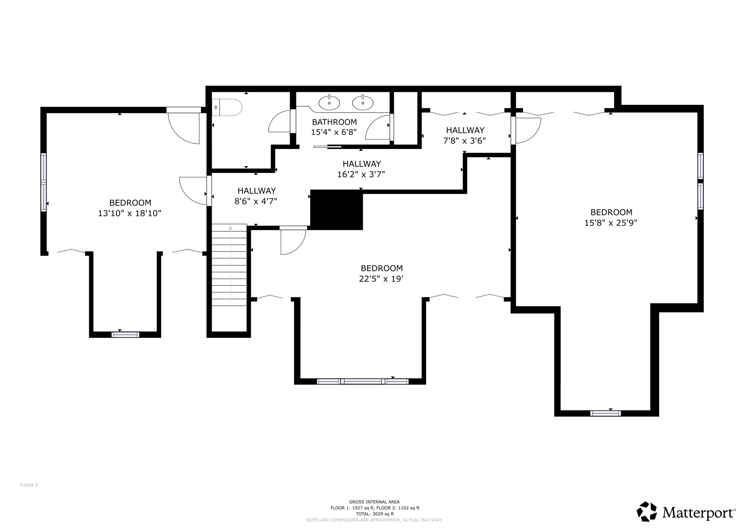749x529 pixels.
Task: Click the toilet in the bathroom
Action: click(x=228, y=107)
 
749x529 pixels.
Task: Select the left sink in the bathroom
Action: click(x=329, y=103)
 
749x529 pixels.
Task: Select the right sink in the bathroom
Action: click(x=363, y=103)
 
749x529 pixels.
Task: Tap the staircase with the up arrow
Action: click(x=229, y=265)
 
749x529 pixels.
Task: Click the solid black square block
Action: click(x=336, y=210)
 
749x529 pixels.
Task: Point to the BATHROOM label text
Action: click(x=334, y=122)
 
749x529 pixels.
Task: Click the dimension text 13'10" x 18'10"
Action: click(x=130, y=213)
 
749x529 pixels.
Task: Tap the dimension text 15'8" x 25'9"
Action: click(x=610, y=223)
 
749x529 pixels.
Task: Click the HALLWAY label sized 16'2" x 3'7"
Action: click(x=362, y=164)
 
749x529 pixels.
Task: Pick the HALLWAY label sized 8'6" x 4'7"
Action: click(x=256, y=191)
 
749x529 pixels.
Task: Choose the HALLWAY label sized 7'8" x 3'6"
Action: click(x=465, y=130)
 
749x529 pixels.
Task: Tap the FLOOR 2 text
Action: click(x=29, y=485)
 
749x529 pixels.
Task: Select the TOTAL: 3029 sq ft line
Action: click(x=374, y=514)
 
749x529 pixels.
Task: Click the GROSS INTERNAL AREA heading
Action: click(x=374, y=502)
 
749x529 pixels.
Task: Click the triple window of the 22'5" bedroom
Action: click(x=363, y=381)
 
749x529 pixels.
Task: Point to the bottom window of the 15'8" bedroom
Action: click(x=605, y=413)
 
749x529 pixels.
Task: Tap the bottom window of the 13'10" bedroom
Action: click(x=125, y=335)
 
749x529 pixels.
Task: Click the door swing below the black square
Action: click(x=293, y=241)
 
